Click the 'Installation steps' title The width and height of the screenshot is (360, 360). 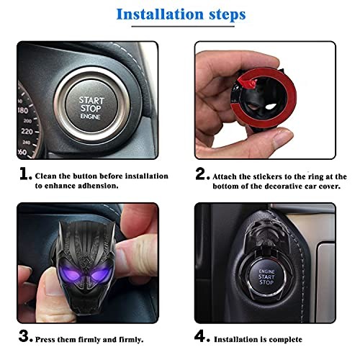pos(180,14)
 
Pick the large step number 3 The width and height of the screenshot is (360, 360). pos(25,335)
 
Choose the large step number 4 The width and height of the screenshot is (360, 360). pos(202,335)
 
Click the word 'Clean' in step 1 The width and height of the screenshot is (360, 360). pos(48,176)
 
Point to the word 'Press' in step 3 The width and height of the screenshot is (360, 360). pos(48,338)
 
